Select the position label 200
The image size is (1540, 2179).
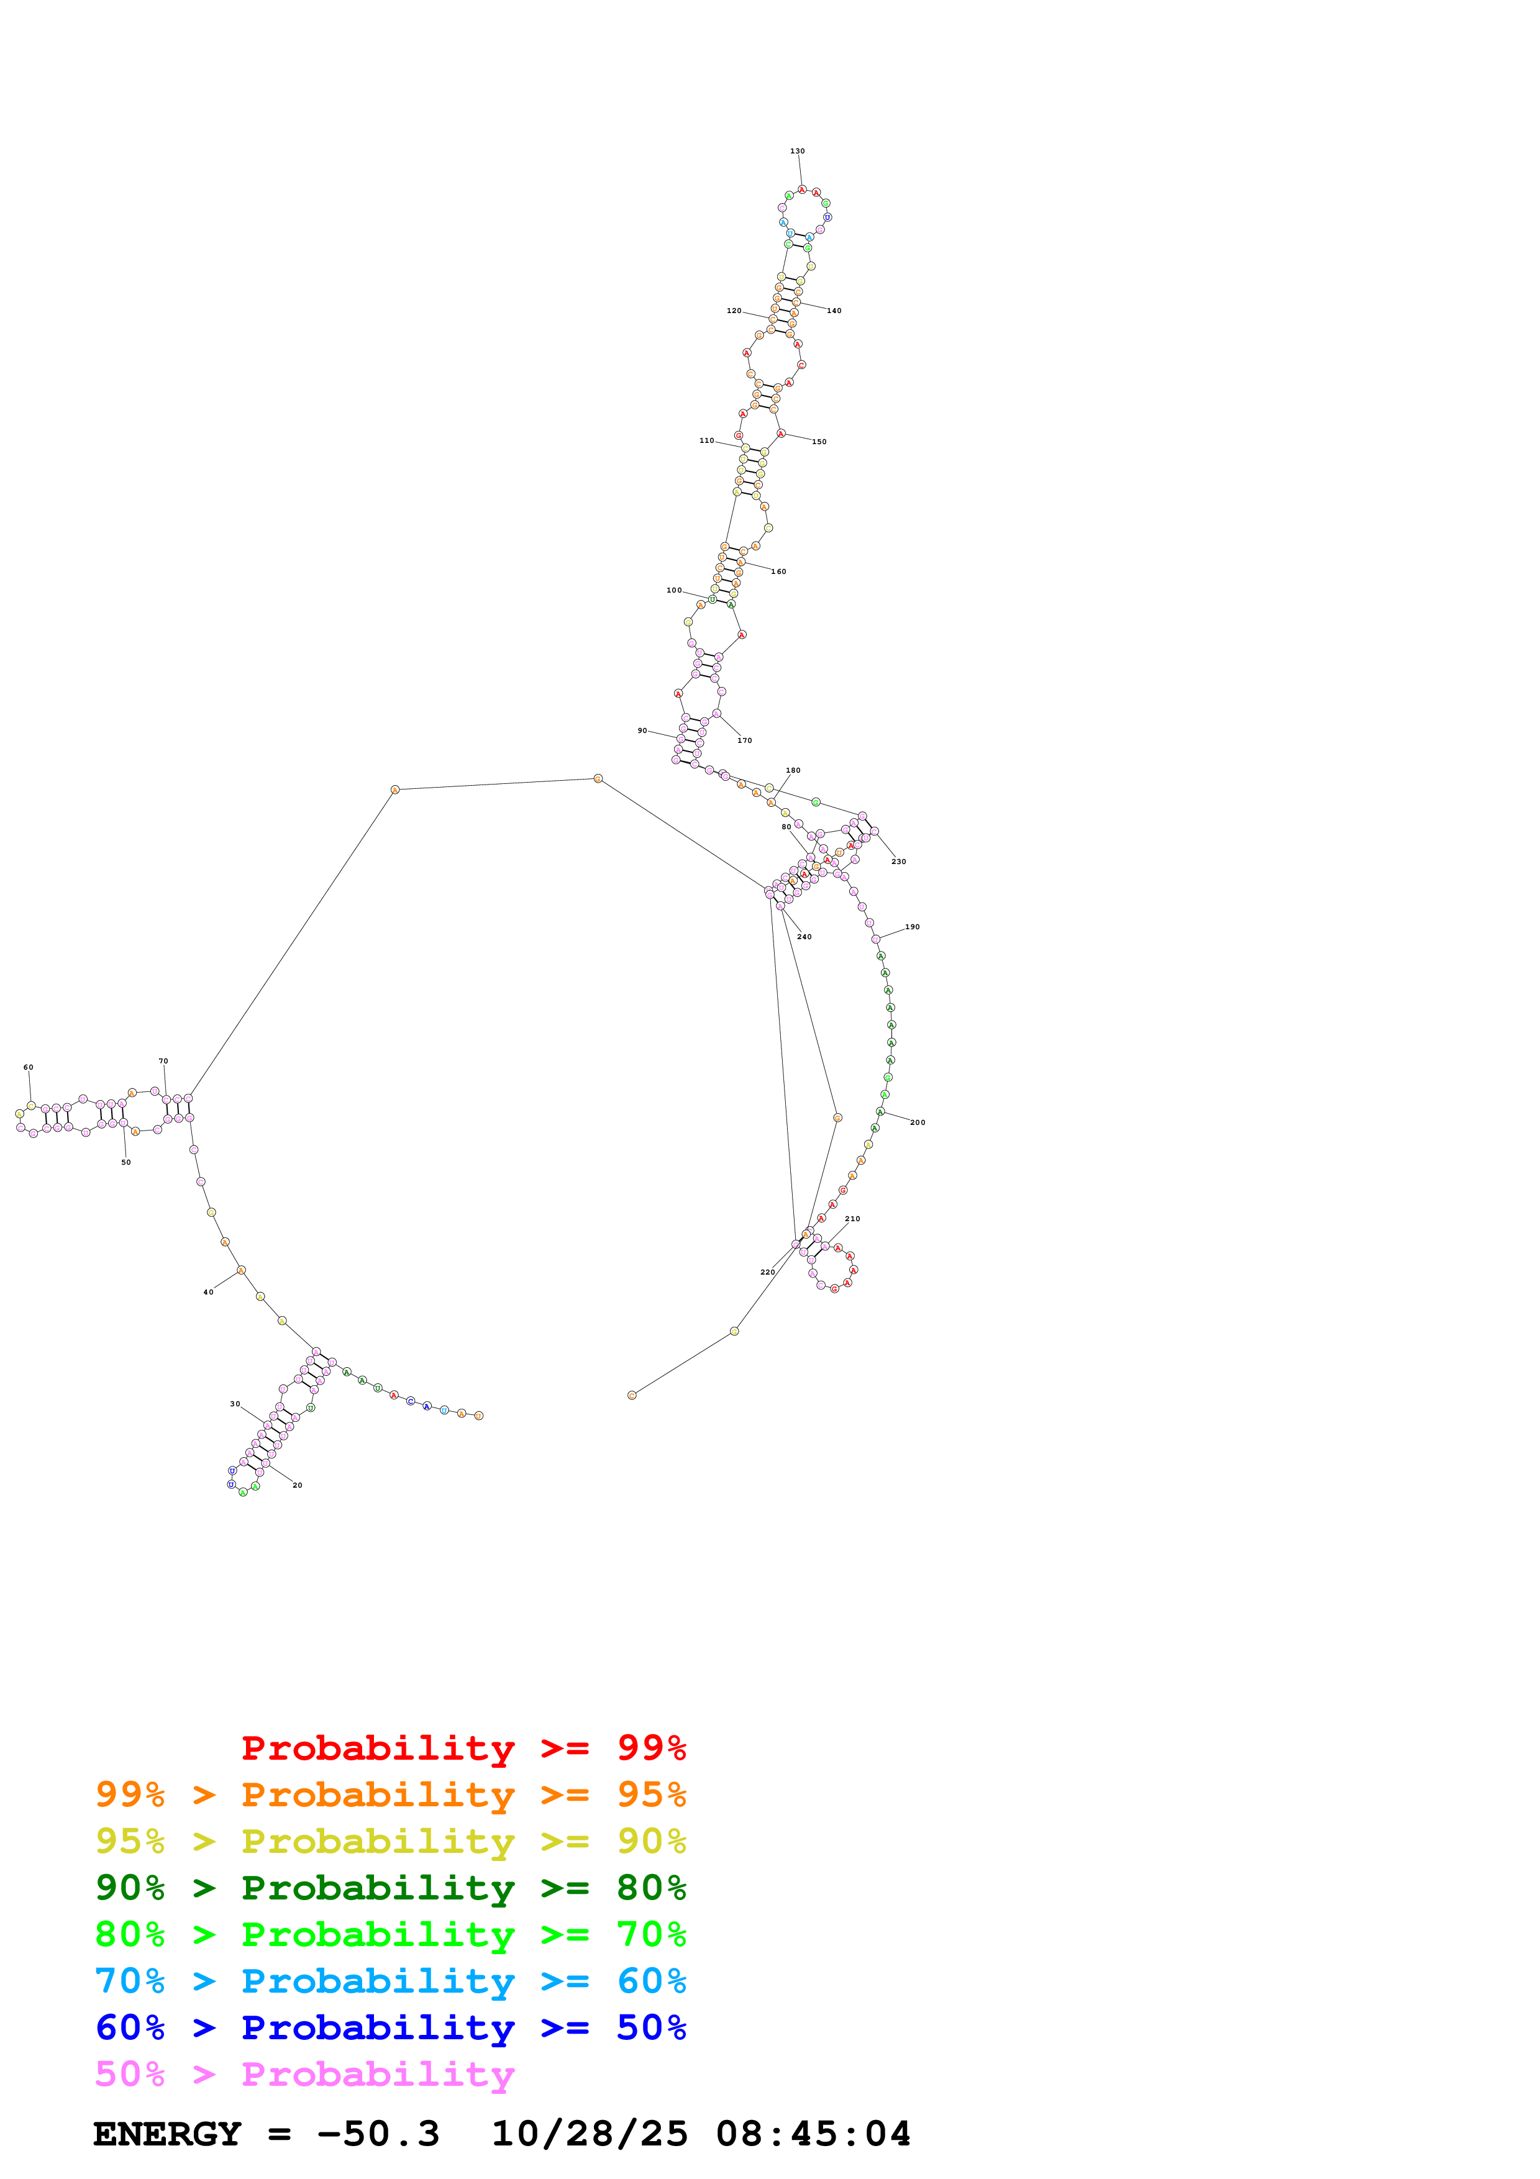coord(918,1122)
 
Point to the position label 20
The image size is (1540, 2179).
coord(297,1485)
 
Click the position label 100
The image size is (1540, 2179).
coord(673,590)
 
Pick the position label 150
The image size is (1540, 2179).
coord(819,441)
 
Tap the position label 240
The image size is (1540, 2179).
coord(804,937)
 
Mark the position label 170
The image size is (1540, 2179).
coord(745,740)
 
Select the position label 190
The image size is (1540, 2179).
coord(912,927)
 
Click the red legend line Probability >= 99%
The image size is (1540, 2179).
coord(463,1747)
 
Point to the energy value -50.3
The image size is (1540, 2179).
coord(378,2134)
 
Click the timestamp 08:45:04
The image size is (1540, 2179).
coord(813,2134)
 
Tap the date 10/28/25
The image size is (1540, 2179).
coord(590,2134)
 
